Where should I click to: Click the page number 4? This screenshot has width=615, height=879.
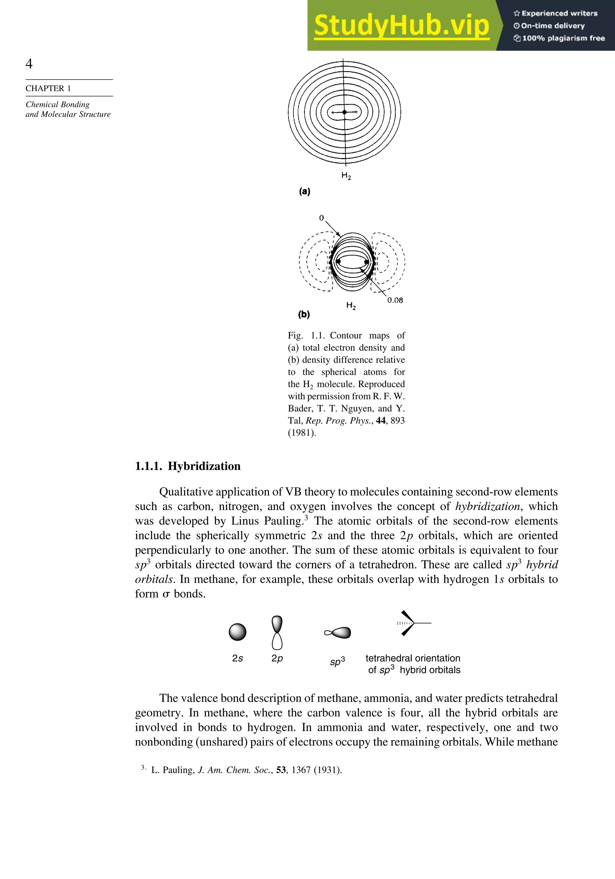tap(29, 64)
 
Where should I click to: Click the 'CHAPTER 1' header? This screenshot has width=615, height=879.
tap(48, 88)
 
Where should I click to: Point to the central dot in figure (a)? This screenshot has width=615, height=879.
tap(344, 112)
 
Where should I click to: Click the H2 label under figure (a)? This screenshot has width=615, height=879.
tap(346, 176)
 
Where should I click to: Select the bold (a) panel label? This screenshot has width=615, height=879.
tap(304, 191)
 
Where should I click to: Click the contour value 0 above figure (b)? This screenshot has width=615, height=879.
tap(322, 218)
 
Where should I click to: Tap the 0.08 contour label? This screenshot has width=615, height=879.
tap(395, 300)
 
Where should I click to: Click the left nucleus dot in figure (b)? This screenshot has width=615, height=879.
tap(338, 261)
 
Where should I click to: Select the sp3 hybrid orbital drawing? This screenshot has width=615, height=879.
tap(338, 633)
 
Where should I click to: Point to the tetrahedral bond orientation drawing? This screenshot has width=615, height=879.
tap(410, 623)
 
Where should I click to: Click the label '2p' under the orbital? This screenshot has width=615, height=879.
tap(277, 658)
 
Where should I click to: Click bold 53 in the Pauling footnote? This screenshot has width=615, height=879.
tap(281, 770)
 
